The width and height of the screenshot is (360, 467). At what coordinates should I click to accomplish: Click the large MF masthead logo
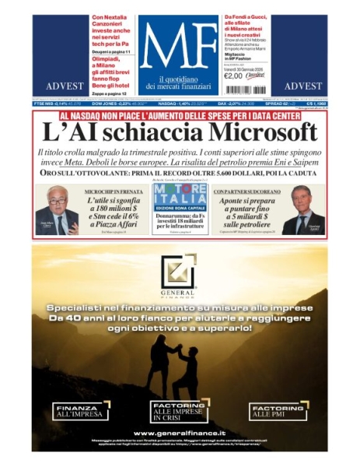(179, 47)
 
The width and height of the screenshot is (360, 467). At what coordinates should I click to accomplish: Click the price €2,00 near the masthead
(233, 76)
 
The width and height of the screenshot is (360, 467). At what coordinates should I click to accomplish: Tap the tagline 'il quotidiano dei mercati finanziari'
(179, 83)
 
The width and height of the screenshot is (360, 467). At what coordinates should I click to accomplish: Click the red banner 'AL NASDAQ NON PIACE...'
(180, 115)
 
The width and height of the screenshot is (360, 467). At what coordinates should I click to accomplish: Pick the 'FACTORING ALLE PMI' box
(278, 412)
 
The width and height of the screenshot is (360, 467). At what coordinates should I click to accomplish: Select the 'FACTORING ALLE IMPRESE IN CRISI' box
(180, 412)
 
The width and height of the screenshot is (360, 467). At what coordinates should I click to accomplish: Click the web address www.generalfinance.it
(180, 433)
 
